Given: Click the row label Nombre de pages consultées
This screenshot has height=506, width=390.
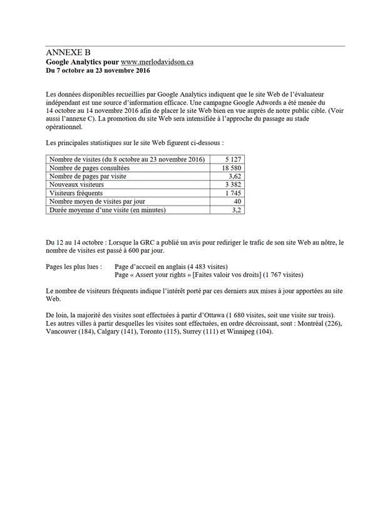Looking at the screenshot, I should coord(89,168).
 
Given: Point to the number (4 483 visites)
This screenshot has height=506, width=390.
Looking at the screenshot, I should coord(203,266).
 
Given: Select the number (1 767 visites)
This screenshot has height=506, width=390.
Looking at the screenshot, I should coord(283,274).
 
